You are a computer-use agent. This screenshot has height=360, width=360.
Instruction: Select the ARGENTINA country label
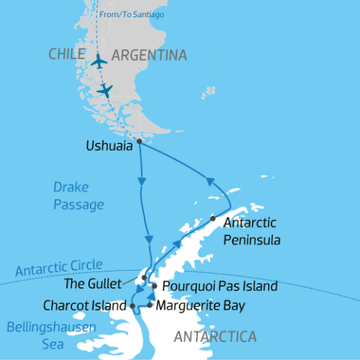click(148, 55)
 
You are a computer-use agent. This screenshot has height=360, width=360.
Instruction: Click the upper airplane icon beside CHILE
click(98, 61)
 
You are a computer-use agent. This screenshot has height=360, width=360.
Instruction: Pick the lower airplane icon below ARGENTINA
click(105, 90)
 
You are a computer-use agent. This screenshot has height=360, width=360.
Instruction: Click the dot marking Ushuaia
click(139, 140)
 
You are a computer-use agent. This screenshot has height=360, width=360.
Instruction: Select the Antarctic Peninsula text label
click(251, 231)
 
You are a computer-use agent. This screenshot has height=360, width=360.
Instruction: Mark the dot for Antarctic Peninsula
click(213, 219)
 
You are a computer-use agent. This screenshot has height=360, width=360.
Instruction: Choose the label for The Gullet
click(106, 283)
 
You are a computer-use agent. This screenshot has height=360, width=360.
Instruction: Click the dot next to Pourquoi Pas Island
click(154, 286)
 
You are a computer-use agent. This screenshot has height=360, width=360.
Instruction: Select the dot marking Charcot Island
click(133, 306)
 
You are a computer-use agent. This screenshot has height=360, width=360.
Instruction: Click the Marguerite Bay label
click(201, 306)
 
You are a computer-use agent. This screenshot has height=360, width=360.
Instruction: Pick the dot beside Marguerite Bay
click(150, 305)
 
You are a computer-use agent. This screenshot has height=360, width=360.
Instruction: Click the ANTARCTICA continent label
click(214, 337)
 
